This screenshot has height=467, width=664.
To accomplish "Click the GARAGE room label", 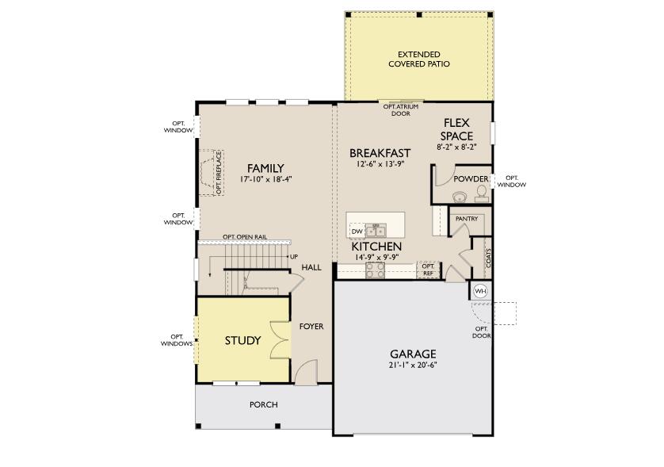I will point(413,354).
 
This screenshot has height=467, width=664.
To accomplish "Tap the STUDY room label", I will point(242,341).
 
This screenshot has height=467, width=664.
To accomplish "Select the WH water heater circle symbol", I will point(480,291).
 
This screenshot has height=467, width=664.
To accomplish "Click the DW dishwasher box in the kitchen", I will point(357,231).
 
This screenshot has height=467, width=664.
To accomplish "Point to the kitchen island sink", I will point(376,231).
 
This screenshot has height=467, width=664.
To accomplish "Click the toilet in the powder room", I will point(481,193).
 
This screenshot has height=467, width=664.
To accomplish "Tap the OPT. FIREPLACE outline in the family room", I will point(212,173).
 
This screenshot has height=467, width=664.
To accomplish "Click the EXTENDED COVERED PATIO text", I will point(418,59).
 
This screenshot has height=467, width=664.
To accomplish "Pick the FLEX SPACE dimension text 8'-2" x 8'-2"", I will point(456,147).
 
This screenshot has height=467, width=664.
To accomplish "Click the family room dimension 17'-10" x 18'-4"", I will point(265,179).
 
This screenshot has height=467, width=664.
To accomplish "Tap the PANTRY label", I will point(466,218).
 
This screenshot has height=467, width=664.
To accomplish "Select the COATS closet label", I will point(488,258).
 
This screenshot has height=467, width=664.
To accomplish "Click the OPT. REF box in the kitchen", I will point(428,270).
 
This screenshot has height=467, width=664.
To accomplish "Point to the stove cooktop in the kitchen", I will point(376,270).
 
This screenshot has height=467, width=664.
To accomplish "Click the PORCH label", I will point(263,404).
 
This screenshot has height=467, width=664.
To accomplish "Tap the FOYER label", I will point(311,326).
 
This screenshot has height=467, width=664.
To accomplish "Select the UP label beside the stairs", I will point(293,257).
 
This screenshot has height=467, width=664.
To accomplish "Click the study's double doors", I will point(279,340).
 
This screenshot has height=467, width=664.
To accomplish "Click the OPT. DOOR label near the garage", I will point(482,331).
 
